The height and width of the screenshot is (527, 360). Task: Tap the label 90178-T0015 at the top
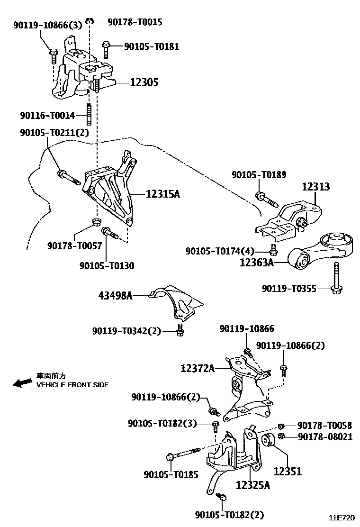click(135, 21)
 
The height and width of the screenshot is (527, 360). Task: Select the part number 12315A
click(163, 193)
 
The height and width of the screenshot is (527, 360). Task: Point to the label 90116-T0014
click(47, 116)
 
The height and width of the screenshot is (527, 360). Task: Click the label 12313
click(316, 186)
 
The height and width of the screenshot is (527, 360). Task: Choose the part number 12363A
click(257, 262)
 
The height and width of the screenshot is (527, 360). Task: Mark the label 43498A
click(115, 296)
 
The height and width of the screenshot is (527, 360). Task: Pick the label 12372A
click(198, 367)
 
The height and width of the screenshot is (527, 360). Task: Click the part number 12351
click(288, 472)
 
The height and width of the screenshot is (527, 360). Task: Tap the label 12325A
click(253, 485)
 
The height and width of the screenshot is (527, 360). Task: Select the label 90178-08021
click(325, 437)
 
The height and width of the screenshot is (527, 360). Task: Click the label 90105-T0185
click(171, 474)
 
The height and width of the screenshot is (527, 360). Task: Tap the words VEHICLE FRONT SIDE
click(72, 385)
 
